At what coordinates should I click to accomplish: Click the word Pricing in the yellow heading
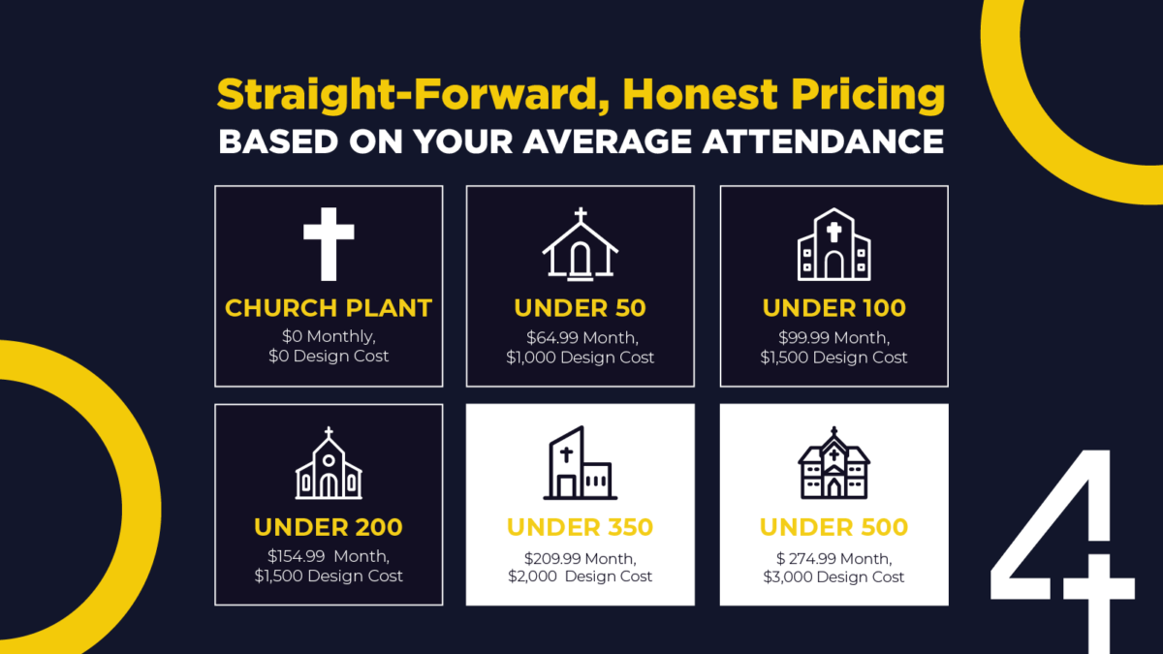[x=867, y=96]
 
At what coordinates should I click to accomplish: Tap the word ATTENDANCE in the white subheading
[x=823, y=141]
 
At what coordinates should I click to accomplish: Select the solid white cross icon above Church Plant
[x=329, y=244]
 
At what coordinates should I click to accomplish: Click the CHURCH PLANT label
[x=329, y=308]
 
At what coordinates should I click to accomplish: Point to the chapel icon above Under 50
[x=581, y=244]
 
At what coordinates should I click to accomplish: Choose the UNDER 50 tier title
[x=580, y=308]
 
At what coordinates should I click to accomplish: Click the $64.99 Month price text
[x=582, y=338]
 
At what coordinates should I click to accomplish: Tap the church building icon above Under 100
[x=833, y=244]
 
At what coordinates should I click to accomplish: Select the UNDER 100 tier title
[x=833, y=308]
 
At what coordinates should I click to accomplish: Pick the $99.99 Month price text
[x=833, y=338]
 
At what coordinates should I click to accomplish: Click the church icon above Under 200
[x=329, y=463]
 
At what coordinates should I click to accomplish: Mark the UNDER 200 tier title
[x=329, y=527]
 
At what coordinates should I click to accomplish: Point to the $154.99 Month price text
[x=329, y=556]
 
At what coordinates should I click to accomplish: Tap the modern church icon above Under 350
[x=581, y=463]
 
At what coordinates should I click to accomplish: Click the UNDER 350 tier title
[x=580, y=527]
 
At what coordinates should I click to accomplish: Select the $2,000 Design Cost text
[x=580, y=576]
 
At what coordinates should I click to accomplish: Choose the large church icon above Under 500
[x=833, y=463]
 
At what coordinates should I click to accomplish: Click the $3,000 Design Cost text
[x=833, y=577]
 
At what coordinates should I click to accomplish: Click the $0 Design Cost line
[x=329, y=357]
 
